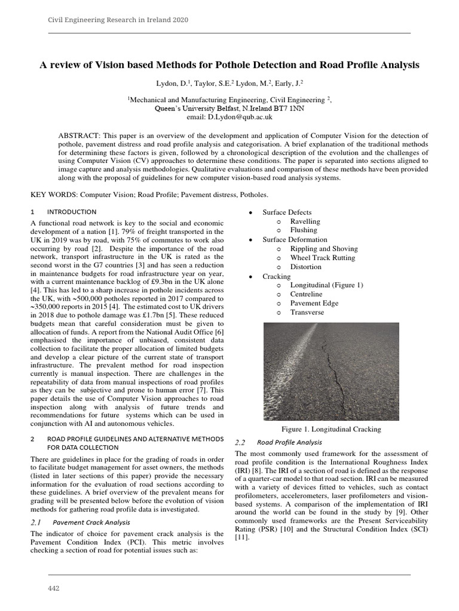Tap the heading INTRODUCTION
pyautogui.click(x=72, y=212)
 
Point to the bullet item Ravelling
pyautogui.click(x=305, y=221)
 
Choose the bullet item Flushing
pyautogui.click(x=304, y=230)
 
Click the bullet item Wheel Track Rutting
pyautogui.click(x=322, y=258)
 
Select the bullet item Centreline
pyautogui.click(x=307, y=294)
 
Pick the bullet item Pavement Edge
pyautogui.click(x=314, y=303)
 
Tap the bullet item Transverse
pyautogui.click(x=307, y=312)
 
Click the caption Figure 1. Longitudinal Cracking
pyautogui.click(x=331, y=429)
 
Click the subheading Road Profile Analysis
pyautogui.click(x=289, y=442)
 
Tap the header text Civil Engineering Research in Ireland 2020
pyautogui.click(x=118, y=20)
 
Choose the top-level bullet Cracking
pyautogui.click(x=277, y=276)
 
